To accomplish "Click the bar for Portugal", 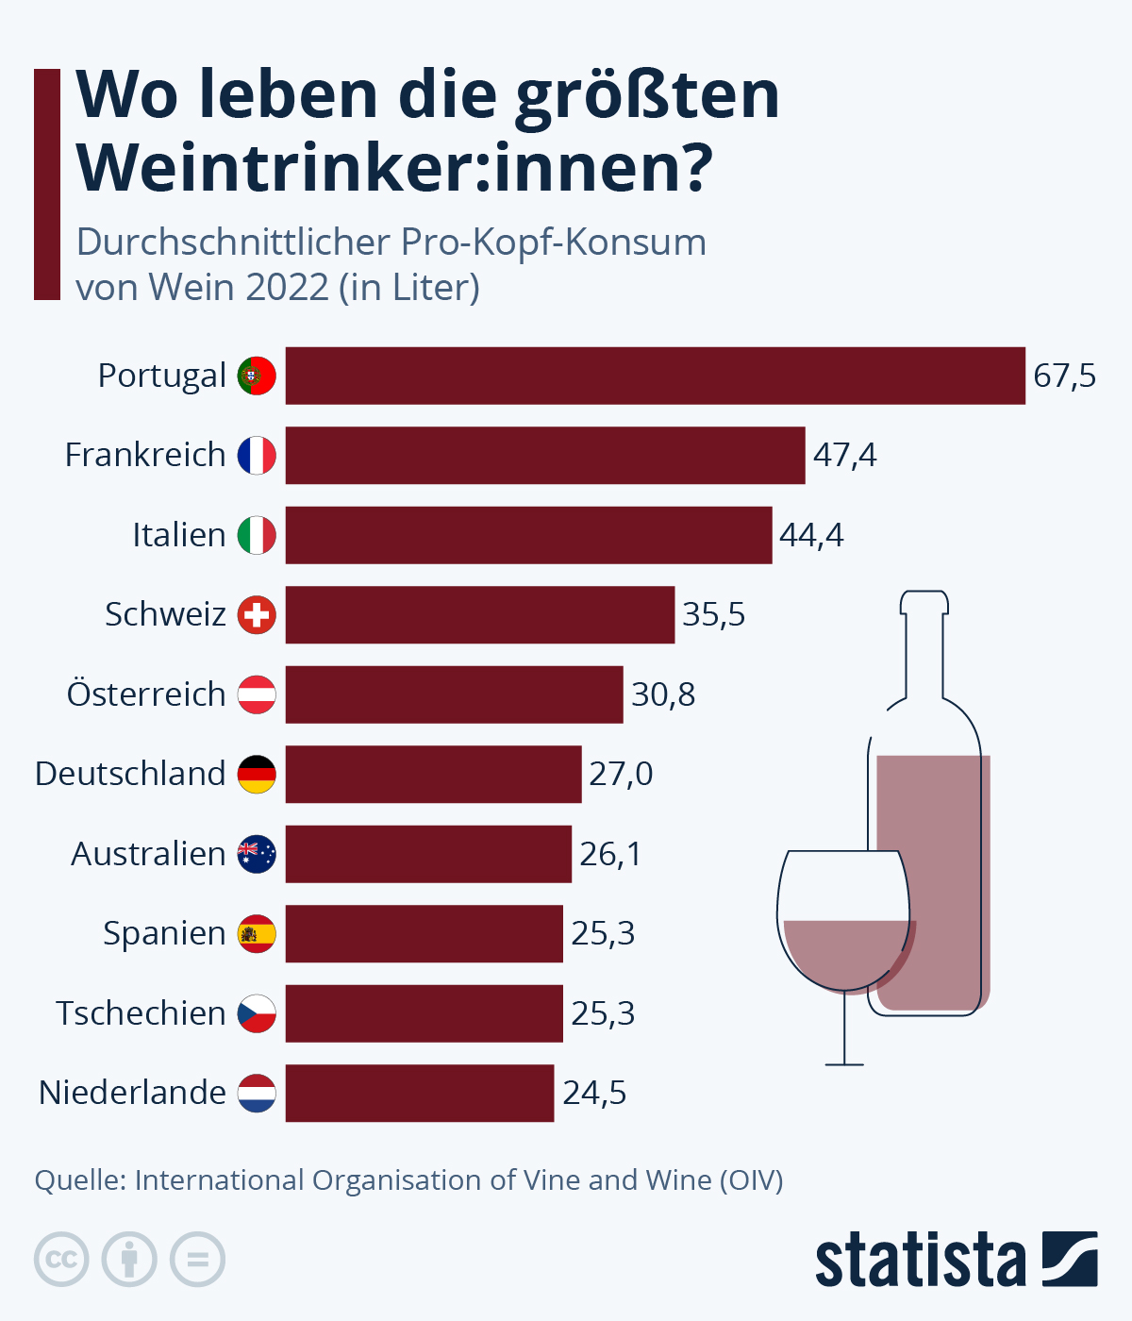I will tap(655, 376).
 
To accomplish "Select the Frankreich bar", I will tap(545, 455).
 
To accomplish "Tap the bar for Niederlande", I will tap(420, 1093).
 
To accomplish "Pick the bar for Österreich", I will tap(454, 694).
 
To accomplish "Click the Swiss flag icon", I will tap(257, 615).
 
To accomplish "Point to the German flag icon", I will tap(257, 774).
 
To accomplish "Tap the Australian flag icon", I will tap(257, 854).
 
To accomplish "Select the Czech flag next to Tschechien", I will tap(257, 1013).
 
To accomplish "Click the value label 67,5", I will tap(1064, 376).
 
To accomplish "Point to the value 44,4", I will tap(811, 535).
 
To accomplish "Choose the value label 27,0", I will tap(621, 774).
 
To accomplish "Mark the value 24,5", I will tap(594, 1093).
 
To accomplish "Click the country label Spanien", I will tap(164, 933).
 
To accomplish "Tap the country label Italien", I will tap(178, 535).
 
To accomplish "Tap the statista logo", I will tap(956, 1259).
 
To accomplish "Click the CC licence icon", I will tap(61, 1259).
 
